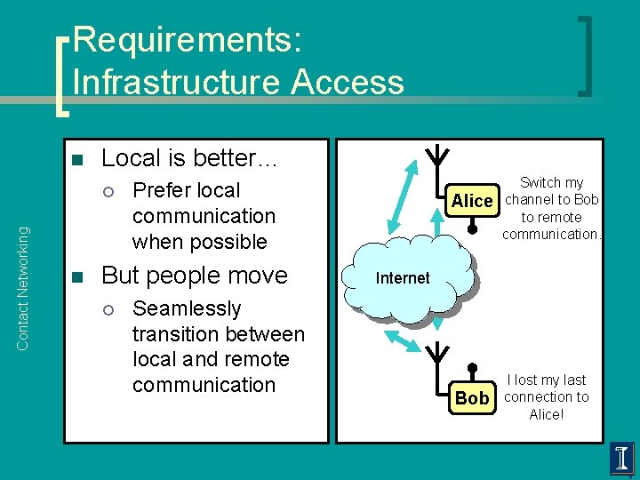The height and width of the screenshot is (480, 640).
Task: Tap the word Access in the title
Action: (347, 82)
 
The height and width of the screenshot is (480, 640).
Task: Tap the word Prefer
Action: (161, 190)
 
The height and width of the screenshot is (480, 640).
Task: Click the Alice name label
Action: (471, 201)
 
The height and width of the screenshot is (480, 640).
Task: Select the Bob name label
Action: (472, 398)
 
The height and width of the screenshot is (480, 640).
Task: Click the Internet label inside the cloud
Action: (402, 278)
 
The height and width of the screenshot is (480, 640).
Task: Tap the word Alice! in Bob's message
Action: (546, 414)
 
